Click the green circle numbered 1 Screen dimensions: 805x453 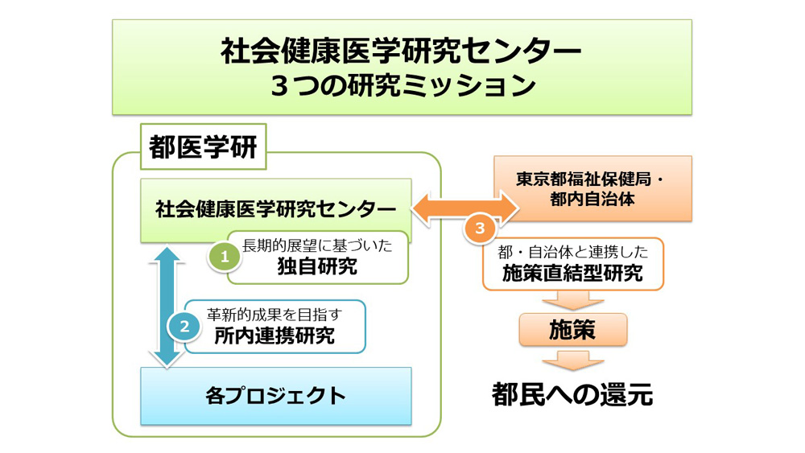coord(225,257)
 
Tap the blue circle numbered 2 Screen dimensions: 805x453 coord(184,326)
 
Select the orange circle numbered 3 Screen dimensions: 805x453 coord(480,228)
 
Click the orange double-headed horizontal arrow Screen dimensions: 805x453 coord(465,208)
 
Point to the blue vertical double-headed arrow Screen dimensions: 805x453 coord(166,307)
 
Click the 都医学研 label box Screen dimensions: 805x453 coord(204,146)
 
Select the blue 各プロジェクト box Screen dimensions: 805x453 coord(276,396)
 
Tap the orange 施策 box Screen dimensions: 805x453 coord(573,329)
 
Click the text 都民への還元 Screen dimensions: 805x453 coord(572,395)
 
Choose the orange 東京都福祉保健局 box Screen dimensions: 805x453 coord(593,189)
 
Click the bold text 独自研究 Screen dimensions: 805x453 coord(317,267)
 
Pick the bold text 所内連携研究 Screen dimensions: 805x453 coord(275,336)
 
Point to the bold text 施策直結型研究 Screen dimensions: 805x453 coord(572,274)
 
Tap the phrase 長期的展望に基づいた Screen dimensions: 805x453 coord(317,245)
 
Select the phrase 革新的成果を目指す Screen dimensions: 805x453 coord(275,315)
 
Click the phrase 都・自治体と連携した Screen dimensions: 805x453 coord(573,252)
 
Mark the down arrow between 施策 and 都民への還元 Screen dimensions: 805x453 coord(573,360)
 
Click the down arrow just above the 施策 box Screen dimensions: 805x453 coord(573,301)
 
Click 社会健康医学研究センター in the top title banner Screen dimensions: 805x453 coord(402,51)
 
